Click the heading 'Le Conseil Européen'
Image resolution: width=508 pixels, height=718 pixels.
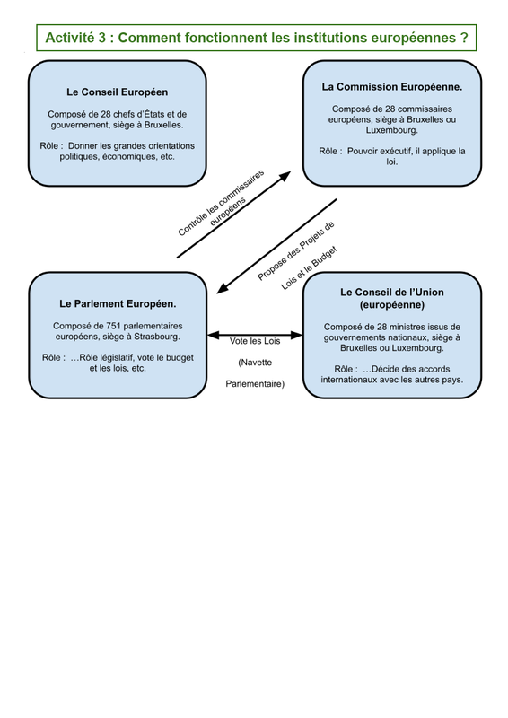point(118,92)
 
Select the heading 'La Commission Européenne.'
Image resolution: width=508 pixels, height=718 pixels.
point(392,87)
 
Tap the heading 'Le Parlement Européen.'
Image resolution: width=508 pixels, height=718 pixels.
point(118,303)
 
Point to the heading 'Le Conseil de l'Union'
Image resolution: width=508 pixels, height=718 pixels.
point(392,293)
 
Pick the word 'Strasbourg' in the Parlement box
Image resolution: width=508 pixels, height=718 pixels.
point(156,337)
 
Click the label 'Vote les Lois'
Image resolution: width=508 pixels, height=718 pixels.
point(255,341)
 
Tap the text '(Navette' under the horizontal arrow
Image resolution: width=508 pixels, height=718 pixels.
point(255,363)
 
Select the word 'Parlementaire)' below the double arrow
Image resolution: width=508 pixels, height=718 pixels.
point(255,384)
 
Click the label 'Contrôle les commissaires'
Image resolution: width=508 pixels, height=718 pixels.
point(221,203)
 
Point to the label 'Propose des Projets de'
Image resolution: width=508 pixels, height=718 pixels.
point(296,250)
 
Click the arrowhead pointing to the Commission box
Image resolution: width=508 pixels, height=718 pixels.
point(285,175)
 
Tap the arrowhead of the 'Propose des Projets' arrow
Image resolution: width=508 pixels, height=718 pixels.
point(223,288)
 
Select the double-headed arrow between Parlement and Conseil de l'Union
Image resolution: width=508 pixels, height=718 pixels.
point(255,335)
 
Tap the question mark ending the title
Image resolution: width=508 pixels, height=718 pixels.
point(465,38)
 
